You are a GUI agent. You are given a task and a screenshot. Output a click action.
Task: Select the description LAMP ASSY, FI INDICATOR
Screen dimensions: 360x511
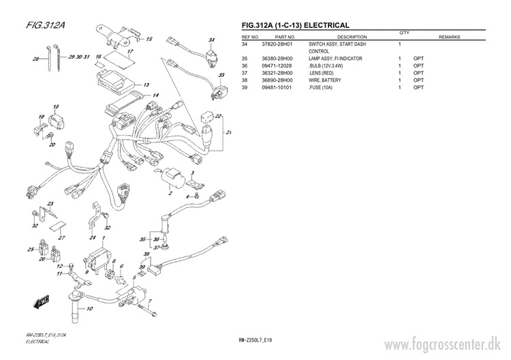[x=335, y=59]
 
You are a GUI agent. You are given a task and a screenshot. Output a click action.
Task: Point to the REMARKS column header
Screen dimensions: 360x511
[x=451, y=37]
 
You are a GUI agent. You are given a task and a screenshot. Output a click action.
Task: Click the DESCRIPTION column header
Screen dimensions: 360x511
[x=352, y=37]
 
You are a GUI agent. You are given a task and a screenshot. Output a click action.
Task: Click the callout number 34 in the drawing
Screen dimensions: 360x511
[x=212, y=40]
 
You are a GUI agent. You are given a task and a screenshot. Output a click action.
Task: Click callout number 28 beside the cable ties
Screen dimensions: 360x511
[x=35, y=59]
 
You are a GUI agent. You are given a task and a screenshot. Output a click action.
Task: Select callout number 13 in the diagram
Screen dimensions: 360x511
[x=146, y=85]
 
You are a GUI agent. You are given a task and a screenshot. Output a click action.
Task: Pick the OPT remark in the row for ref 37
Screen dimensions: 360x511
[x=418, y=73]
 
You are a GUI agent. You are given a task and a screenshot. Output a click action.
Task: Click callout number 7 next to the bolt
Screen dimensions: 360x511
[x=150, y=301]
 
